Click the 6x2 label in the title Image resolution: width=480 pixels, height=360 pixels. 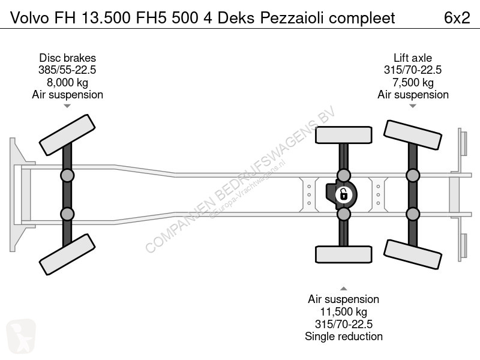pos(457,18)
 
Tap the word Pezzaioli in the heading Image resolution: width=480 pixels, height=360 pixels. pos(292,18)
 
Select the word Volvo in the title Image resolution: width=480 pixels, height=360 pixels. pos(29,18)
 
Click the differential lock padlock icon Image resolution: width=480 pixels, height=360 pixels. pos(343,194)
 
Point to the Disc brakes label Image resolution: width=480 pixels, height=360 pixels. pos(67,58)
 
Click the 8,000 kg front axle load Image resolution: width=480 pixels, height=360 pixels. pos(67,82)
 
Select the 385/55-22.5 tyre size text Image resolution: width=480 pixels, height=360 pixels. pos(67,70)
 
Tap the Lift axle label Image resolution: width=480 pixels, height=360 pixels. pos(413,58)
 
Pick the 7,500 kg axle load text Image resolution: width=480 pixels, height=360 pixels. pos(413,82)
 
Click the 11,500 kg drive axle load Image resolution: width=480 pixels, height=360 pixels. pos(343,311)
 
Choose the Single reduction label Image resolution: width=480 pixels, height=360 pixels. pos(343,336)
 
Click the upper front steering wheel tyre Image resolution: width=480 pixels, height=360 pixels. pos(67,135)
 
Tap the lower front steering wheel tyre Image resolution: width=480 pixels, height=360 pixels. pos(67,254)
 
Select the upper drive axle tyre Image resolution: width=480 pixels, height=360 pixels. pos(343,135)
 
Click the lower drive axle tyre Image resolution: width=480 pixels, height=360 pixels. pos(343,254)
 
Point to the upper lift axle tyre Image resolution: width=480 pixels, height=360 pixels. pos(413,135)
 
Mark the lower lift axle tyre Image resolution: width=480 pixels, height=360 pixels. pos(413,254)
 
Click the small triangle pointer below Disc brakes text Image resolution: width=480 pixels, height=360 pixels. pos(67,106)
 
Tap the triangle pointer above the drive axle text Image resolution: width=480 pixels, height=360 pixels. pos(343,289)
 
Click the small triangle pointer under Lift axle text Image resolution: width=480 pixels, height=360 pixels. pos(413,106)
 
